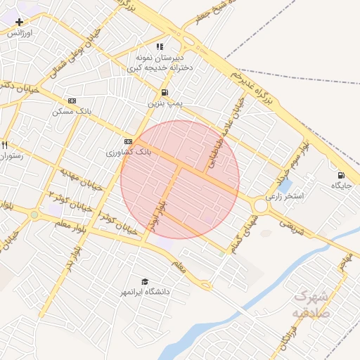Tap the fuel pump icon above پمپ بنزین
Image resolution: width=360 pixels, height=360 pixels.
pos(165,92)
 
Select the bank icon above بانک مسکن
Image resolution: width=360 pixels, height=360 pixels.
pos(71,101)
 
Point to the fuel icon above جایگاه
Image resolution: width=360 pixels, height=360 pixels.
pos(341,175)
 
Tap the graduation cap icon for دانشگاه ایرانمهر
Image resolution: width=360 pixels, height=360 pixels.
pos(145,281)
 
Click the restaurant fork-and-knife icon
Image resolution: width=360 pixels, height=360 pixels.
pos(4,145)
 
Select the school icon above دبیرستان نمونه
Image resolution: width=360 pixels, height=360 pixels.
pos(160,46)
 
